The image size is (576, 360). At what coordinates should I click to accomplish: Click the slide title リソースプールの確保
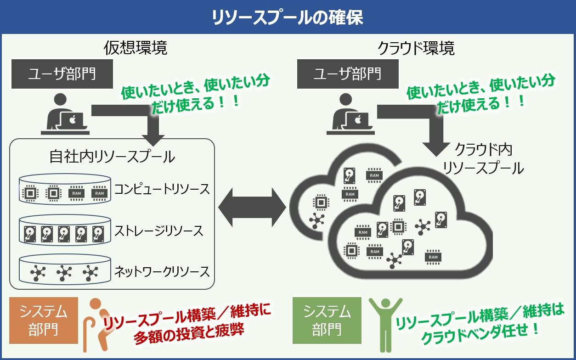[x=288, y=17]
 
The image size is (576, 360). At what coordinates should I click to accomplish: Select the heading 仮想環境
[x=135, y=48]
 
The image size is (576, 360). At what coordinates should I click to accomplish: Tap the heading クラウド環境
[x=416, y=48]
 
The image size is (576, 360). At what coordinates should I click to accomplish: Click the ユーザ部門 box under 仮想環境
[x=62, y=74]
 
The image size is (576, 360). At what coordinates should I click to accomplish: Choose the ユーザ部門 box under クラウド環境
[x=348, y=74]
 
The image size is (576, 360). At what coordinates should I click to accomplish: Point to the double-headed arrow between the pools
[x=252, y=207]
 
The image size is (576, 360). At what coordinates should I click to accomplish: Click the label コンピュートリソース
[x=162, y=189]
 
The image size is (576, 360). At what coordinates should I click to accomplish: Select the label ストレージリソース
[x=158, y=231]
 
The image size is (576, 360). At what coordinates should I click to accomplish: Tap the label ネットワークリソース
[x=162, y=272]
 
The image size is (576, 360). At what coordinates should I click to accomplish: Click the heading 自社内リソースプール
[x=112, y=157]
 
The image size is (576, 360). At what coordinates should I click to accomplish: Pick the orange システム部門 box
[x=44, y=321]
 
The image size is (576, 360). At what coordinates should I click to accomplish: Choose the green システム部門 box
[x=327, y=321]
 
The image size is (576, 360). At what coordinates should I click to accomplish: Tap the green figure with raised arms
[x=385, y=325]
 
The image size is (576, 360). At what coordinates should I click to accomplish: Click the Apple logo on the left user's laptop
[x=73, y=119]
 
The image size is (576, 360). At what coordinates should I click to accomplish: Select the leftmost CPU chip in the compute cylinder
[x=30, y=193]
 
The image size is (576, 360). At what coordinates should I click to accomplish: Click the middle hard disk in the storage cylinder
[x=64, y=234]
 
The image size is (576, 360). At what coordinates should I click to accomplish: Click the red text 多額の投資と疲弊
[x=189, y=333]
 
